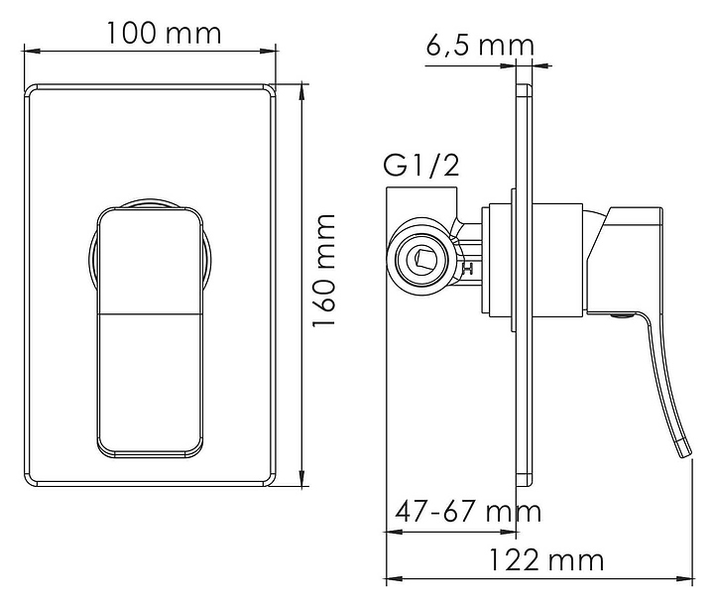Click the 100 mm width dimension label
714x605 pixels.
tap(164, 34)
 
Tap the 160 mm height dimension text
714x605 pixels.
tap(324, 270)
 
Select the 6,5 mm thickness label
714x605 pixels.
tap(480, 46)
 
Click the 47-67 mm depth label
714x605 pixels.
tap(468, 511)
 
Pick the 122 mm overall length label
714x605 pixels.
tap(546, 560)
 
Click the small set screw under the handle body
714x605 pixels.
tap(621, 314)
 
